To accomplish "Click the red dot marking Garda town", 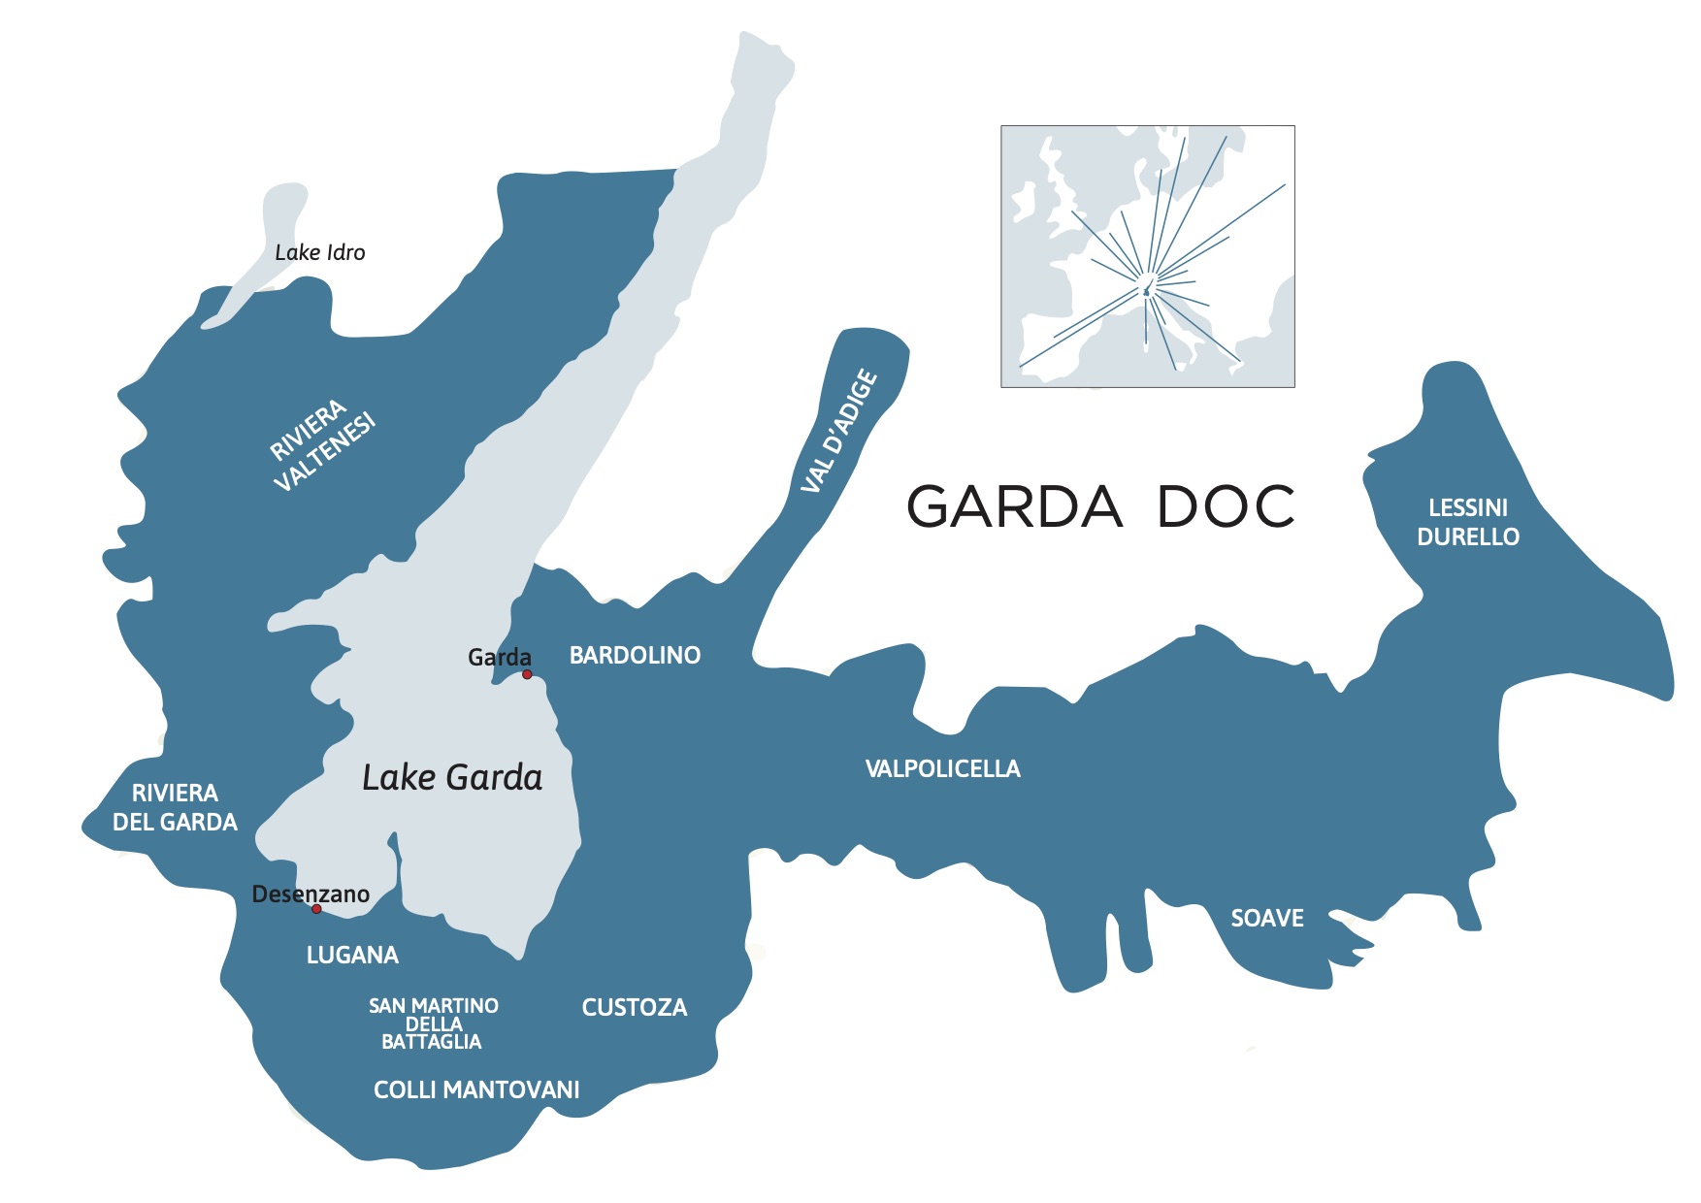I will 527,674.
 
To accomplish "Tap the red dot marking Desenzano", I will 316,909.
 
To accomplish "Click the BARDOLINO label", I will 635,656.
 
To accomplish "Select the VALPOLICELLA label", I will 942,769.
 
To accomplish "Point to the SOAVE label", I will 1266,919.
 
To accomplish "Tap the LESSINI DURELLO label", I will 1467,522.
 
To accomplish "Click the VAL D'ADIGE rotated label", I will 839,431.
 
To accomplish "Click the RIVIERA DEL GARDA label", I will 175,808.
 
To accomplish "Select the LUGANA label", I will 352,956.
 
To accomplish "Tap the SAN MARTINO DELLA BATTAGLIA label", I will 433,1024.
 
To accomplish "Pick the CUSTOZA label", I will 634,1008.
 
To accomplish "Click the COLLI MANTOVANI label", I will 476,1090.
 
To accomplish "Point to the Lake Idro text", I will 319,253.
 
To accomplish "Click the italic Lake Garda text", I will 452,778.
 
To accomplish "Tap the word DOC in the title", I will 1226,506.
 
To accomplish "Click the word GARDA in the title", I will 1014,506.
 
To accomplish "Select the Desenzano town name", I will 311,894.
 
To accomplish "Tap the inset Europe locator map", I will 1147,256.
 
